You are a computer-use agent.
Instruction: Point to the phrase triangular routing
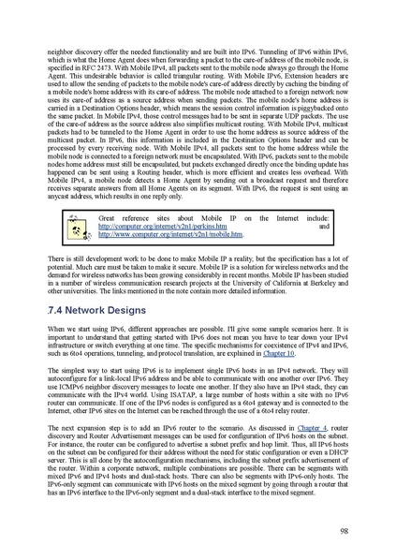(x=198, y=70)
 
